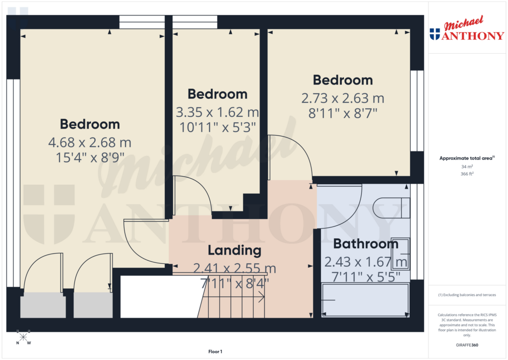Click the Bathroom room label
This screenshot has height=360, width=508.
coord(366,244)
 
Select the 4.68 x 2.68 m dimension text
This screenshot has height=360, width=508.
coord(90,143)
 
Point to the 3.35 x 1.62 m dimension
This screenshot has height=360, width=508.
coord(217,112)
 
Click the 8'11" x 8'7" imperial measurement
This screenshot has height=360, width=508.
coord(343,113)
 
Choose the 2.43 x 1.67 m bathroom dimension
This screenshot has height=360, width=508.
coord(366,261)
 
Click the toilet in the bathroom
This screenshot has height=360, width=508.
coord(392,207)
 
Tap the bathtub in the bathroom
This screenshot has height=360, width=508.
coord(366,299)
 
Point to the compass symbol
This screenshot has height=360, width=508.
coord(23,337)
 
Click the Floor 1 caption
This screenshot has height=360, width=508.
coord(215,352)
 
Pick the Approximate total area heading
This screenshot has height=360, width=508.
coord(466,158)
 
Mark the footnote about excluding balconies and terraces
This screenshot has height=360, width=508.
coord(466,295)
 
